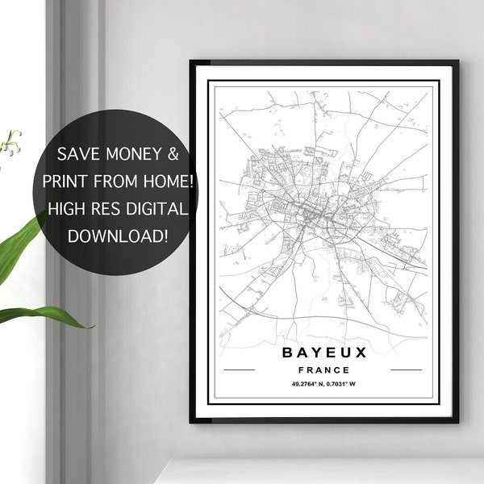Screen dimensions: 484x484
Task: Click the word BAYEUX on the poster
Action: (x=324, y=353)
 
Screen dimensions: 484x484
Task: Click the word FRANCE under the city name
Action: (x=324, y=369)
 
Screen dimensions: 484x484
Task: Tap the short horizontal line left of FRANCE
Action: (x=238, y=369)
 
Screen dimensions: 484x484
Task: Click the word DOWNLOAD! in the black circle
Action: (x=118, y=237)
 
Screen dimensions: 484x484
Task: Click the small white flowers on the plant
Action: (x=11, y=144)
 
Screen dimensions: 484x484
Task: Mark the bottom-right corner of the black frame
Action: (x=457, y=421)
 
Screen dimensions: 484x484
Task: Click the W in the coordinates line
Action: (x=353, y=383)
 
